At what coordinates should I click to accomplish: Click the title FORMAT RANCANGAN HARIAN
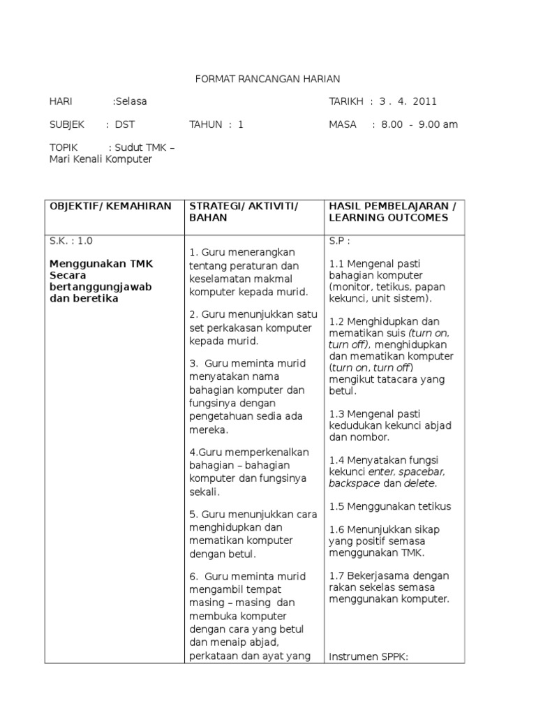tap(267, 79)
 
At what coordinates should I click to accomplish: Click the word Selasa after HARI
tap(131, 101)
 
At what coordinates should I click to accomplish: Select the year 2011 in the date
tap(424, 101)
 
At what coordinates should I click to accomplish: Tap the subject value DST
tap(125, 124)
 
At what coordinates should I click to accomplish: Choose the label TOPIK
tap(64, 147)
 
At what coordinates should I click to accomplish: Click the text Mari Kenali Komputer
tap(100, 159)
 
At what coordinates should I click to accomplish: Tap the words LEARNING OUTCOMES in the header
tap(389, 218)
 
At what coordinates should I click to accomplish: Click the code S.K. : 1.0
tap(70, 241)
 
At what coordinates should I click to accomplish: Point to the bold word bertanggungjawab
tap(100, 287)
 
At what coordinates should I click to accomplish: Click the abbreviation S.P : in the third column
tap(339, 241)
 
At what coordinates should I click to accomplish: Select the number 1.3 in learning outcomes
tap(337, 414)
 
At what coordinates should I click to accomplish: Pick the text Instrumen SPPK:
tap(367, 656)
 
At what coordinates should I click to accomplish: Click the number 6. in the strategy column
tap(194, 577)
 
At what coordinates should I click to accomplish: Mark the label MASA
tap(343, 124)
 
